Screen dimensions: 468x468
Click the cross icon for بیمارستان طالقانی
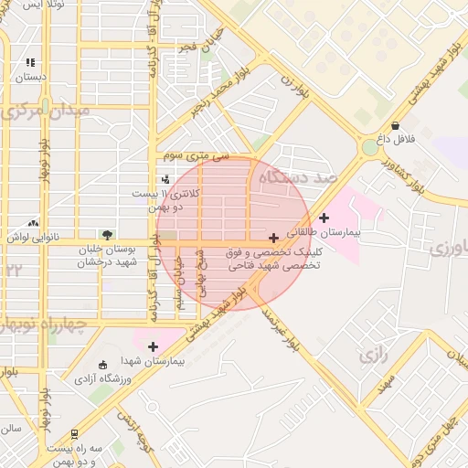tap(324, 217)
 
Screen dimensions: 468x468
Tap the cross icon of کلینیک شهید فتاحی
tap(273, 238)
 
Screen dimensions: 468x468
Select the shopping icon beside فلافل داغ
tap(395, 125)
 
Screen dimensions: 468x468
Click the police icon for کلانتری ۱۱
tap(165, 178)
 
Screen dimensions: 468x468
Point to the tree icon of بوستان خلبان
tap(108, 235)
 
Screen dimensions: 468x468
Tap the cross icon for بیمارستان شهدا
tap(153, 346)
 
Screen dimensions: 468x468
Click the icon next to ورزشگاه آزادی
tap(101, 364)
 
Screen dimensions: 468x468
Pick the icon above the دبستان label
tap(30, 63)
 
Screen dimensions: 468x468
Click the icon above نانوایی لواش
tap(34, 222)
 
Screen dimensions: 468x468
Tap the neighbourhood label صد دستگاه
tap(298, 176)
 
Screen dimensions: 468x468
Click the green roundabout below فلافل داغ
tap(369, 146)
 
